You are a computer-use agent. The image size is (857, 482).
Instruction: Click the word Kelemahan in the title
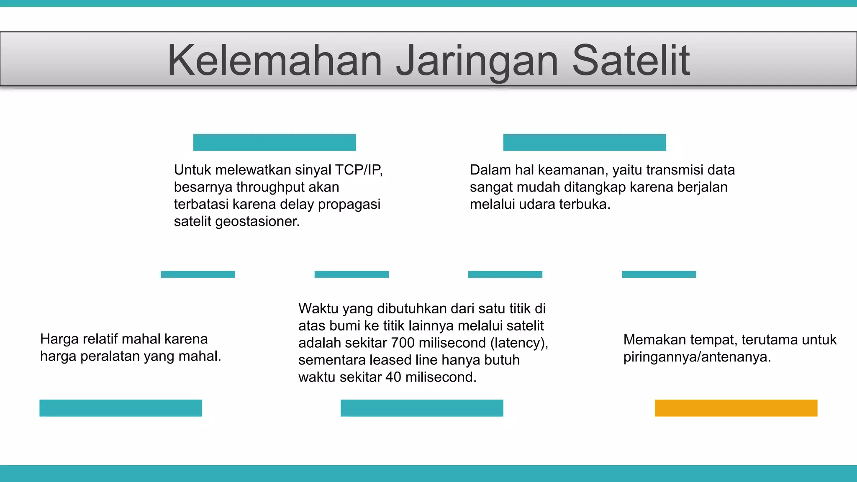275,61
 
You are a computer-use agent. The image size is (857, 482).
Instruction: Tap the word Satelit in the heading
631,61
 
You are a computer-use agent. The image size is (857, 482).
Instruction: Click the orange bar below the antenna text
736,408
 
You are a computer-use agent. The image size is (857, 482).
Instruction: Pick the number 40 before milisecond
393,377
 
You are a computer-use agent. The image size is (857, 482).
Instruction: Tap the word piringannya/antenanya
697,357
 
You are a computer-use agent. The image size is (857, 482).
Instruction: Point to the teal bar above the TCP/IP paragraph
275,142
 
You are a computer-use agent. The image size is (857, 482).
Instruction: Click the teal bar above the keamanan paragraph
584,142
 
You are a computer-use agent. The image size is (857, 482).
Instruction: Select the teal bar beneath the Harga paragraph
121,408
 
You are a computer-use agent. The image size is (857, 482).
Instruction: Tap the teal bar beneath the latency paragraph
422,408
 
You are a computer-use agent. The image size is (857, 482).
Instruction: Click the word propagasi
349,205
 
